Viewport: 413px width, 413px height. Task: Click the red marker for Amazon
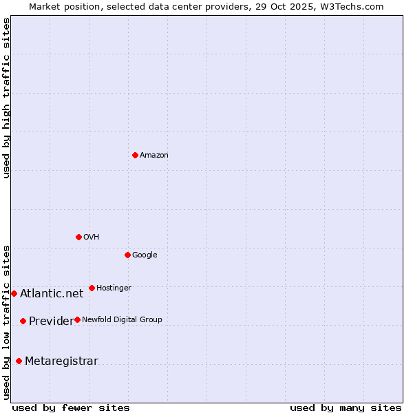135,155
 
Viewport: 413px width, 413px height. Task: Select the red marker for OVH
78,237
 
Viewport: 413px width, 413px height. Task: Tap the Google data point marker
127,255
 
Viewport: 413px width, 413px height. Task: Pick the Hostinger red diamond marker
92,288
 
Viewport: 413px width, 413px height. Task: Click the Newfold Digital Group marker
77,319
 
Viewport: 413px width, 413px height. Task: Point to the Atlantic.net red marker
14,293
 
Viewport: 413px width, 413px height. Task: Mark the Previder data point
23,321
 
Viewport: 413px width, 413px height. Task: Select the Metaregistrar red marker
19,361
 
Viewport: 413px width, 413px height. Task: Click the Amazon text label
154,156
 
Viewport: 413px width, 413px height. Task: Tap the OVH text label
92,237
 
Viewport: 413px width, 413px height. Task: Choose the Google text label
145,255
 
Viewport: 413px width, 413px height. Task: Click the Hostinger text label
114,288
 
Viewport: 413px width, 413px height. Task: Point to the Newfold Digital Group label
123,320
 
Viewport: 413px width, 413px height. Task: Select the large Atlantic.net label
52,294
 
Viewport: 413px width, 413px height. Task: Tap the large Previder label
51,321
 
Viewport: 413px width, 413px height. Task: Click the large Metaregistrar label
61,361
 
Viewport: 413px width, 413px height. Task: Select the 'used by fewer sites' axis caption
71,407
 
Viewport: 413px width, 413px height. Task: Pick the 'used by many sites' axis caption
346,407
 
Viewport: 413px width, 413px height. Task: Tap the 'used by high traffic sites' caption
6,98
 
